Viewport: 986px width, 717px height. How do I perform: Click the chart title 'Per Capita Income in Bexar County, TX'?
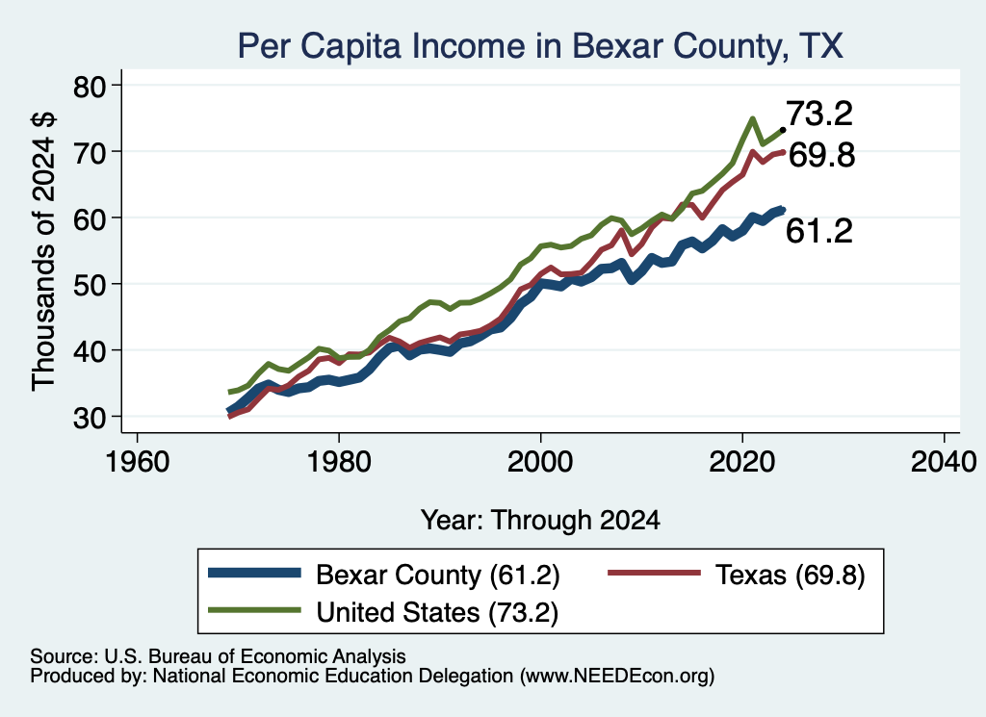540,46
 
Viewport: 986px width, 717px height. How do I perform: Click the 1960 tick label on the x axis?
137,462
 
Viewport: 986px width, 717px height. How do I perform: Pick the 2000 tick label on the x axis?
540,462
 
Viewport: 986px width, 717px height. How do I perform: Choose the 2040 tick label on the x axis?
944,462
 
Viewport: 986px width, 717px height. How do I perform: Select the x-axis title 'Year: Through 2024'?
540,521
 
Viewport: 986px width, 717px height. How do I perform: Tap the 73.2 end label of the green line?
819,114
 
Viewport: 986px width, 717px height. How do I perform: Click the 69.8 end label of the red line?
821,155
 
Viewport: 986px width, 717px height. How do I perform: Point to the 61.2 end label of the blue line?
819,231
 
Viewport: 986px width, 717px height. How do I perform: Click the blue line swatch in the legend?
254,573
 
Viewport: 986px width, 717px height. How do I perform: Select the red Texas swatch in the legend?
654,573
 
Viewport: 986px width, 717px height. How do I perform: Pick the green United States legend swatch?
254,609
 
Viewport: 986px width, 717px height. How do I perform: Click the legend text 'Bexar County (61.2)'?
438,575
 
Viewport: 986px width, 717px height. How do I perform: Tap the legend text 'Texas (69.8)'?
791,575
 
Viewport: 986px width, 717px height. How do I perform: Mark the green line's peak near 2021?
752,118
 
